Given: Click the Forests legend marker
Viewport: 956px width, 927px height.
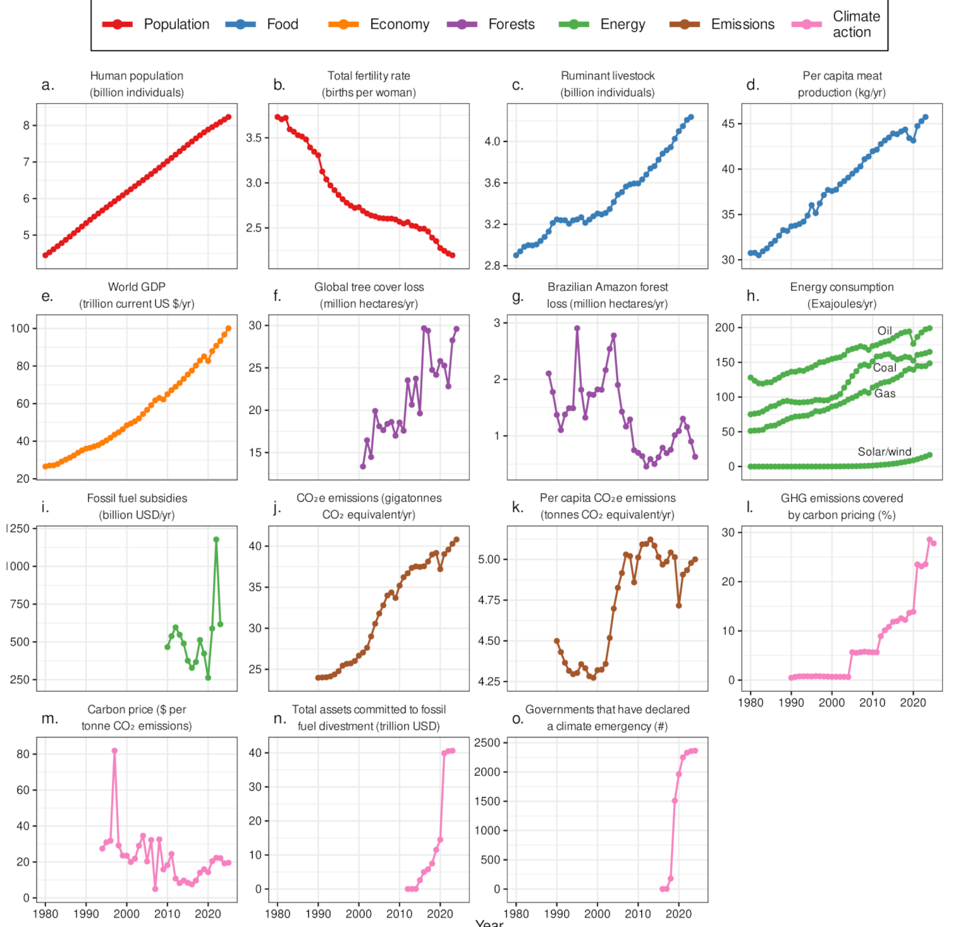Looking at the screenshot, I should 462,24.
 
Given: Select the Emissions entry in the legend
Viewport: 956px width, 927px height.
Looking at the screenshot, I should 742,24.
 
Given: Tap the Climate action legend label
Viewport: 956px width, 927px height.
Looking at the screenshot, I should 856,24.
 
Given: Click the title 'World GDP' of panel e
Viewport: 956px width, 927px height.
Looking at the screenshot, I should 137,287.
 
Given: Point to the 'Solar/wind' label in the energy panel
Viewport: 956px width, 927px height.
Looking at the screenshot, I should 884,452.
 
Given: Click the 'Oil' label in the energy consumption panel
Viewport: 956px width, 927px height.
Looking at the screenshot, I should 884,331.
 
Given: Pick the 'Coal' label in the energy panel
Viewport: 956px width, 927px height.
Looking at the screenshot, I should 884,368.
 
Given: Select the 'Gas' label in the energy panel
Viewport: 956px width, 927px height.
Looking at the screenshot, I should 885,394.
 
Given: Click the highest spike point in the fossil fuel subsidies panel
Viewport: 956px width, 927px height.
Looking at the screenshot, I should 216,539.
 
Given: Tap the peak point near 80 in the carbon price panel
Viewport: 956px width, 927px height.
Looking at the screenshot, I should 115,751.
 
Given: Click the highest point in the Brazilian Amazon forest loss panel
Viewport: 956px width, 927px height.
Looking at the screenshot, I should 577,329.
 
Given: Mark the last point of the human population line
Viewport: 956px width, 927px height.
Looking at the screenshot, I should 228,117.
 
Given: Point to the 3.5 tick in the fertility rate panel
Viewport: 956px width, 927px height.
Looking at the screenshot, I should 254,138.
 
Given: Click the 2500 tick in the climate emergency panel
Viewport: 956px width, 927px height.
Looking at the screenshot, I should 487,743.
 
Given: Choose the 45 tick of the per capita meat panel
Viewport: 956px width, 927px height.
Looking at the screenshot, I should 728,124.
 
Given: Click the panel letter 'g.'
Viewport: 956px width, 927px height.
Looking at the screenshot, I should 517,297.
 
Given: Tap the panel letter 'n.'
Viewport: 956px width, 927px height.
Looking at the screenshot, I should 280,719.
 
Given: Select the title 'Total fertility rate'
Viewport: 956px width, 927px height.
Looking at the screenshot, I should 368,76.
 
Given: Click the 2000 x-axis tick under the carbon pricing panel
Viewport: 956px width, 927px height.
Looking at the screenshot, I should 831,703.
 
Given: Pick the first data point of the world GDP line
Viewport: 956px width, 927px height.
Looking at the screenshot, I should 46,466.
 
